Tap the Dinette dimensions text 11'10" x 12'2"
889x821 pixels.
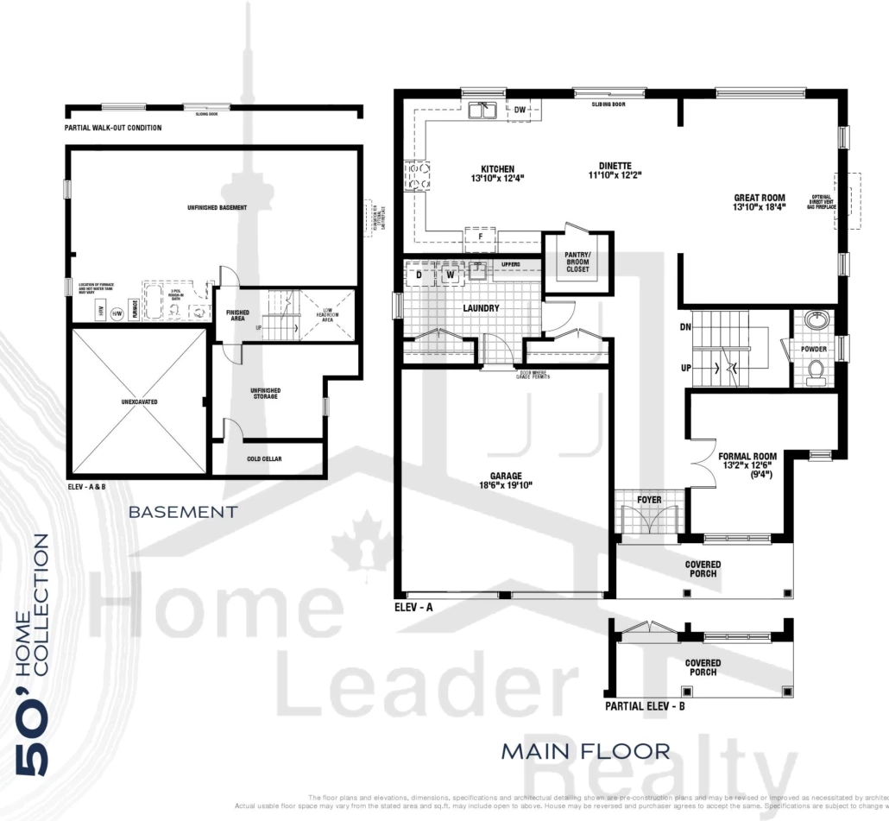pos(615,175)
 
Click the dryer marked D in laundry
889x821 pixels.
pos(419,275)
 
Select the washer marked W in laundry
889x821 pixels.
pos(450,275)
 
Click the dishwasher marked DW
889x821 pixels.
pos(520,110)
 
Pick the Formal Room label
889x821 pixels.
pos(747,457)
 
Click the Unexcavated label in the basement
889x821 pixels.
pos(140,402)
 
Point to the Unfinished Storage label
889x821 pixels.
pos(266,395)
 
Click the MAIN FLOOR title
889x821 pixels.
pos(585,751)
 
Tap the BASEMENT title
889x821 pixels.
pos(182,512)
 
